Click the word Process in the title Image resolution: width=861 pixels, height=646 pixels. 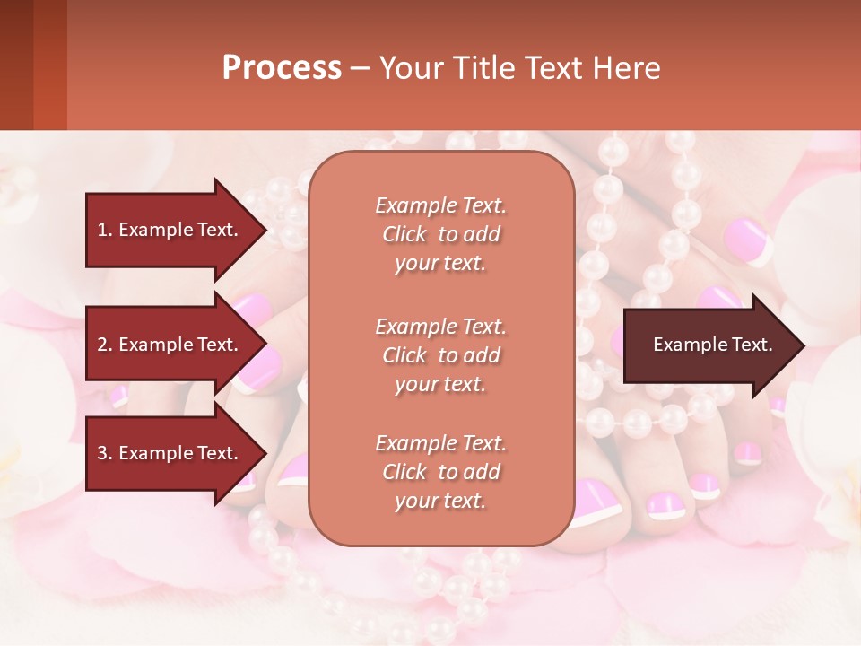click(x=282, y=68)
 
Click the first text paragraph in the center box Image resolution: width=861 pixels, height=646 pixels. click(x=440, y=234)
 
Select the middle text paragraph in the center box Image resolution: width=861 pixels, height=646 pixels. click(x=440, y=355)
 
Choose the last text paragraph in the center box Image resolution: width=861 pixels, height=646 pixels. click(x=440, y=472)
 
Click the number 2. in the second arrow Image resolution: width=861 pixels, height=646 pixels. click(x=105, y=345)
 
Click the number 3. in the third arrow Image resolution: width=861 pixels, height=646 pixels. click(x=105, y=453)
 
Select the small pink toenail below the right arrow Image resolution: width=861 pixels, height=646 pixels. click(x=705, y=485)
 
